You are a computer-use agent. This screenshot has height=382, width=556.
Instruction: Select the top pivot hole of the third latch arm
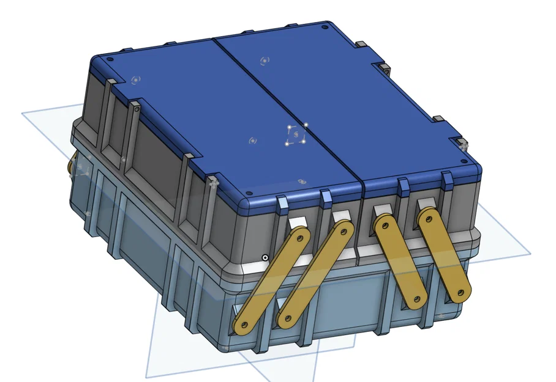tap(382, 222)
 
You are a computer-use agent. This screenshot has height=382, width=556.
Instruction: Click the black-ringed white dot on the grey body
tap(265, 257)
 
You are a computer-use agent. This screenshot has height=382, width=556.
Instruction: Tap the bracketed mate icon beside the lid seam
tap(296, 134)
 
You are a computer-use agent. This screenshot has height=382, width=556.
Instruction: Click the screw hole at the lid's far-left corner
tap(110, 60)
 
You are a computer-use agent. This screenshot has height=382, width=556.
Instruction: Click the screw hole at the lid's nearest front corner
tap(252, 199)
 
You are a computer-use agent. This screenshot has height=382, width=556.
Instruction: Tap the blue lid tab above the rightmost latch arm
tap(446, 180)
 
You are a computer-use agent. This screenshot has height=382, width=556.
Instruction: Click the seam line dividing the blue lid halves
tap(288, 110)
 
